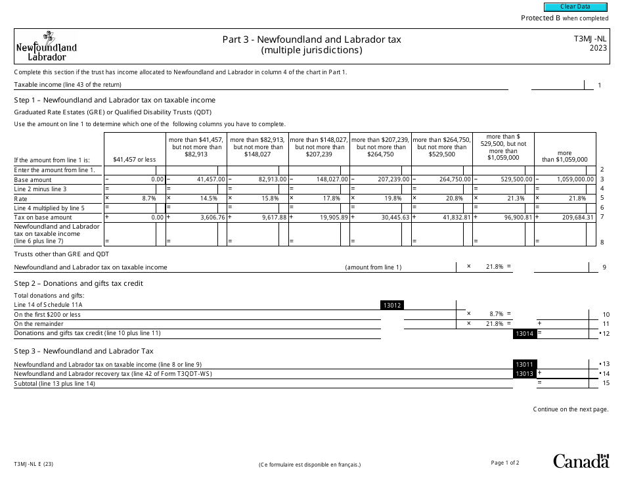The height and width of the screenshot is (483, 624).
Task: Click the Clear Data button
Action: click(x=575, y=7)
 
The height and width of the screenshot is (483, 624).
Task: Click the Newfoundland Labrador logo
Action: click(x=46, y=47)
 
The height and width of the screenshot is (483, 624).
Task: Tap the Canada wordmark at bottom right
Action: click(x=581, y=461)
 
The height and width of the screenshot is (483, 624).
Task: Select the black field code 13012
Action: click(x=392, y=305)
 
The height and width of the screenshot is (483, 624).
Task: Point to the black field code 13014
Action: click(x=524, y=334)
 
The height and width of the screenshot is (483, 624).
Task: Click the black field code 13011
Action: click(x=525, y=364)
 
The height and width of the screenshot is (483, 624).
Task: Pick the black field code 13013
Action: click(x=525, y=374)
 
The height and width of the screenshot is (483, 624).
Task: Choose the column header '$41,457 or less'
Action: click(x=134, y=159)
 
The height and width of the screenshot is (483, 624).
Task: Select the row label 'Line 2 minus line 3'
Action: click(x=41, y=189)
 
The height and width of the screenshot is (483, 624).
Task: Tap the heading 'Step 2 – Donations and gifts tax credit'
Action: click(x=78, y=283)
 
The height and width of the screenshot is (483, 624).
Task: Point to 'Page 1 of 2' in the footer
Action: click(x=504, y=463)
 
